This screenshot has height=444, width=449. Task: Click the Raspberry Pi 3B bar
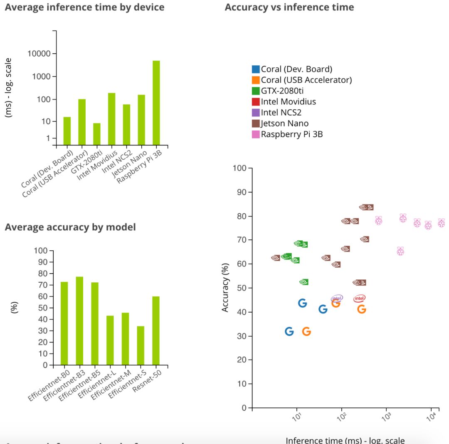pos(156,103)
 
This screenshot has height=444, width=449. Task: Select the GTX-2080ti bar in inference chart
pos(96,134)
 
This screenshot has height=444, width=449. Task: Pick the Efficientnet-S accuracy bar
pos(141,345)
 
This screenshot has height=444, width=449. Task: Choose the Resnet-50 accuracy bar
pos(155,331)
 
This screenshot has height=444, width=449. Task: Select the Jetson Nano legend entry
pos(284,123)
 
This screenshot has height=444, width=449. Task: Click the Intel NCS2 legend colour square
pos(256,112)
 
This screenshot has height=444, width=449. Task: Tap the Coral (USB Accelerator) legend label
pos(306,80)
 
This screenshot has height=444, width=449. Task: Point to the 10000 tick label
pos(39,54)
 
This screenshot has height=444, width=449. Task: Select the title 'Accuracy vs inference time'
pos(289,7)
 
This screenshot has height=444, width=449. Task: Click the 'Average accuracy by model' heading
pos(70,227)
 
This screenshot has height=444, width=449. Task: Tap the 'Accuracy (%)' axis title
pos(225,287)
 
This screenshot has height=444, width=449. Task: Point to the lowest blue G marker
pos(289,331)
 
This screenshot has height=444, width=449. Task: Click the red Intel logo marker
pos(359,298)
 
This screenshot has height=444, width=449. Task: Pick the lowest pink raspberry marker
pos(400,251)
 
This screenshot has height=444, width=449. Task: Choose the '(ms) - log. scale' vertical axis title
pos(9,87)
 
